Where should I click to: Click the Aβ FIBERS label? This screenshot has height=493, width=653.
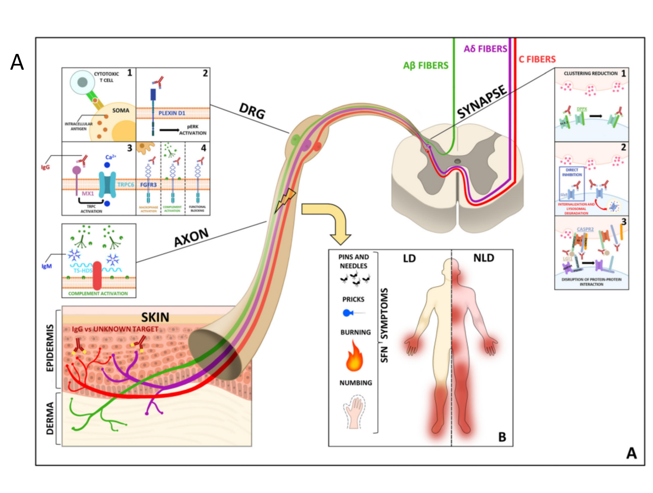coord(426,65)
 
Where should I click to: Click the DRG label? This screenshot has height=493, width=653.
coord(252,111)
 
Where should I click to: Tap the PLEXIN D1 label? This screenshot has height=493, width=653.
coord(172,113)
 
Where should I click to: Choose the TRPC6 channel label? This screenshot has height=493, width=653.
coord(125,185)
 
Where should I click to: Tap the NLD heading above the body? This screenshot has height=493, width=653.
coord(484,258)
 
